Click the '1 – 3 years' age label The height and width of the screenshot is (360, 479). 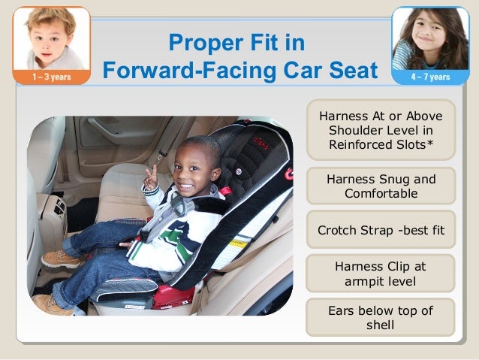click(x=52, y=77)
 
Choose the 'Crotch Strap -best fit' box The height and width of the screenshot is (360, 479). click(x=381, y=229)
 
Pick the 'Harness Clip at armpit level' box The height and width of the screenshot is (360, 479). click(x=381, y=274)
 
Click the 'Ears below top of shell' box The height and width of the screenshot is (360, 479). click(x=381, y=318)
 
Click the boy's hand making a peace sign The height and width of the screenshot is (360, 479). click(x=152, y=177)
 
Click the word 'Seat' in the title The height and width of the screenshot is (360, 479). click(x=351, y=71)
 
